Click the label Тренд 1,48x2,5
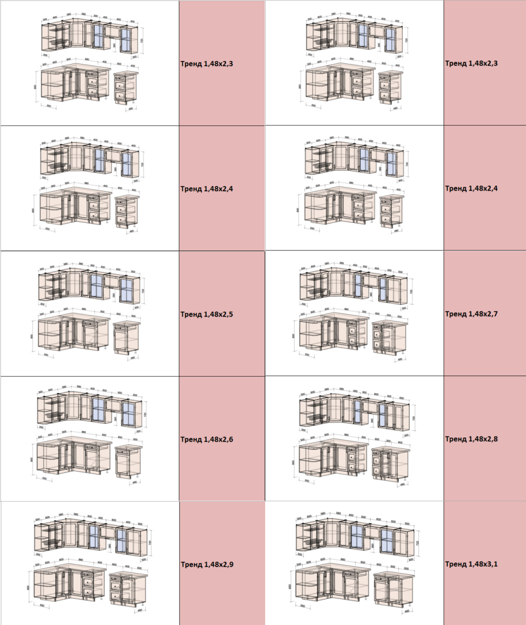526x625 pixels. (x=207, y=315)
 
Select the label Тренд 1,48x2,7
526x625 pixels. (x=471, y=314)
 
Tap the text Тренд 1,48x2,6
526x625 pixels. (x=207, y=440)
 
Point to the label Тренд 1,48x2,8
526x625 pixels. (x=471, y=439)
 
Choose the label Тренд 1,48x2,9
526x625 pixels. (x=207, y=565)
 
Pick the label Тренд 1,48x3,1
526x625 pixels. (x=471, y=564)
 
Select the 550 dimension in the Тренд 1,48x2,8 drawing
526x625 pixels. (x=307, y=481)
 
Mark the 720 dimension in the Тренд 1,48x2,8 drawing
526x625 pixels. (x=414, y=418)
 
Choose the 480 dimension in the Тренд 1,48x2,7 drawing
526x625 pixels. (x=400, y=359)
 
